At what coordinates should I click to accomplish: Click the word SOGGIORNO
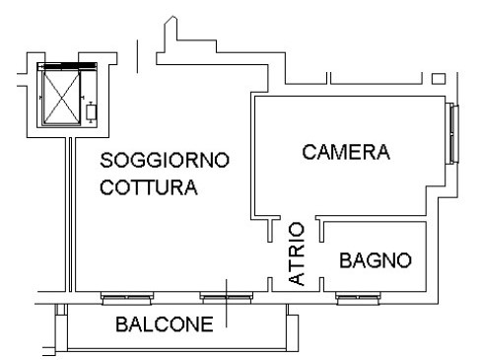(x=165, y=160)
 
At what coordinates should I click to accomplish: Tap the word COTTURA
(x=149, y=187)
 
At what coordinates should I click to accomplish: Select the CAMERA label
(x=346, y=152)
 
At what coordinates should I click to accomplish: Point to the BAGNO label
(x=376, y=260)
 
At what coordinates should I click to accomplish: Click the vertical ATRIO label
(x=297, y=253)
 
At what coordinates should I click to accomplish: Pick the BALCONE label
(x=165, y=324)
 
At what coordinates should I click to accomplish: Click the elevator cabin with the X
(x=62, y=98)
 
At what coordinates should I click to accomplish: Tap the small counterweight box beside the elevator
(x=91, y=112)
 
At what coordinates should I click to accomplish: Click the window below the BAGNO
(x=359, y=298)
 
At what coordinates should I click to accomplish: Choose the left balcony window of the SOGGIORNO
(x=127, y=298)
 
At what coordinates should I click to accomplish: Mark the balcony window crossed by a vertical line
(x=227, y=298)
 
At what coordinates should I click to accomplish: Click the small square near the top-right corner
(x=439, y=79)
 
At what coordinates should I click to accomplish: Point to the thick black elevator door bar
(x=70, y=66)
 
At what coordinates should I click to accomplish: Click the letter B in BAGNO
(x=345, y=260)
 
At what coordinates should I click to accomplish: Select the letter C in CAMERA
(x=309, y=152)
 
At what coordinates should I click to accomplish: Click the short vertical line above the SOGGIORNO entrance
(x=137, y=56)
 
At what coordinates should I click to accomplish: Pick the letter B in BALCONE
(x=121, y=324)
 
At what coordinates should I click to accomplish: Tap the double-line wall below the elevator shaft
(x=70, y=214)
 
